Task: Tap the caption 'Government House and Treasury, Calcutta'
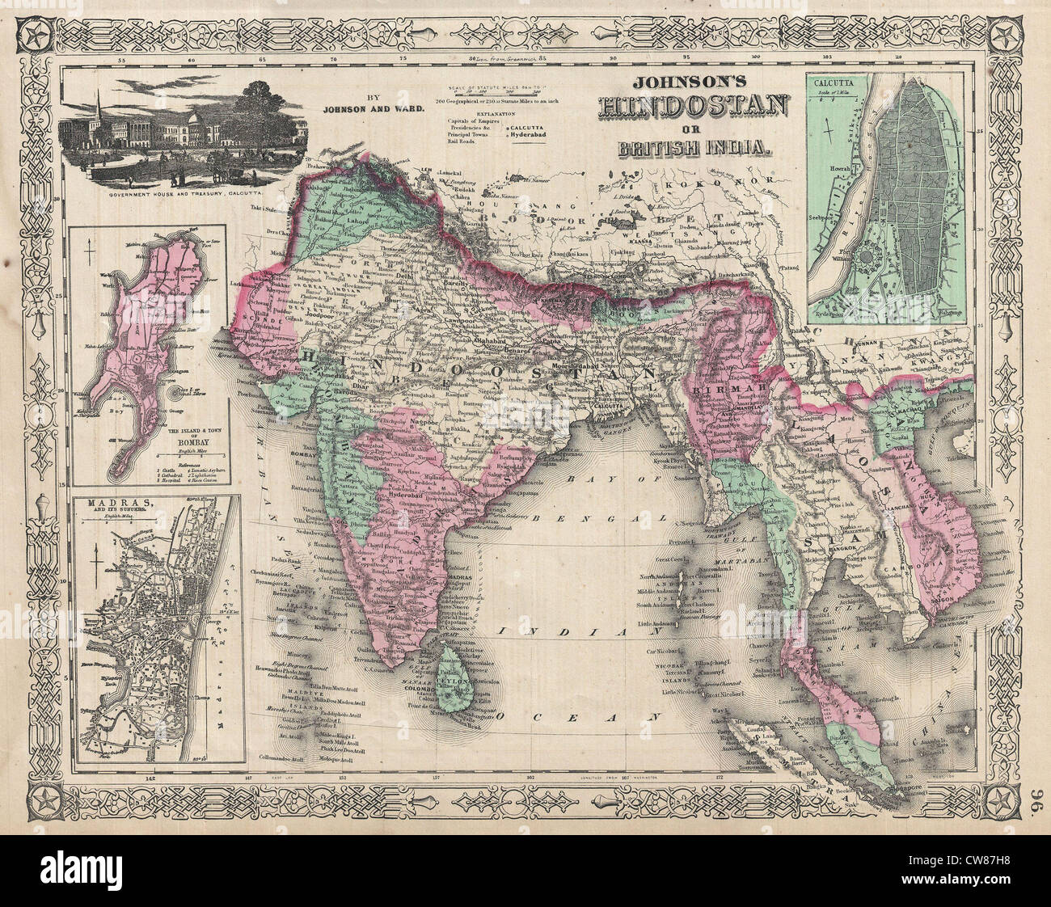(191, 195)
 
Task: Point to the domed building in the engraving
(196, 124)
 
